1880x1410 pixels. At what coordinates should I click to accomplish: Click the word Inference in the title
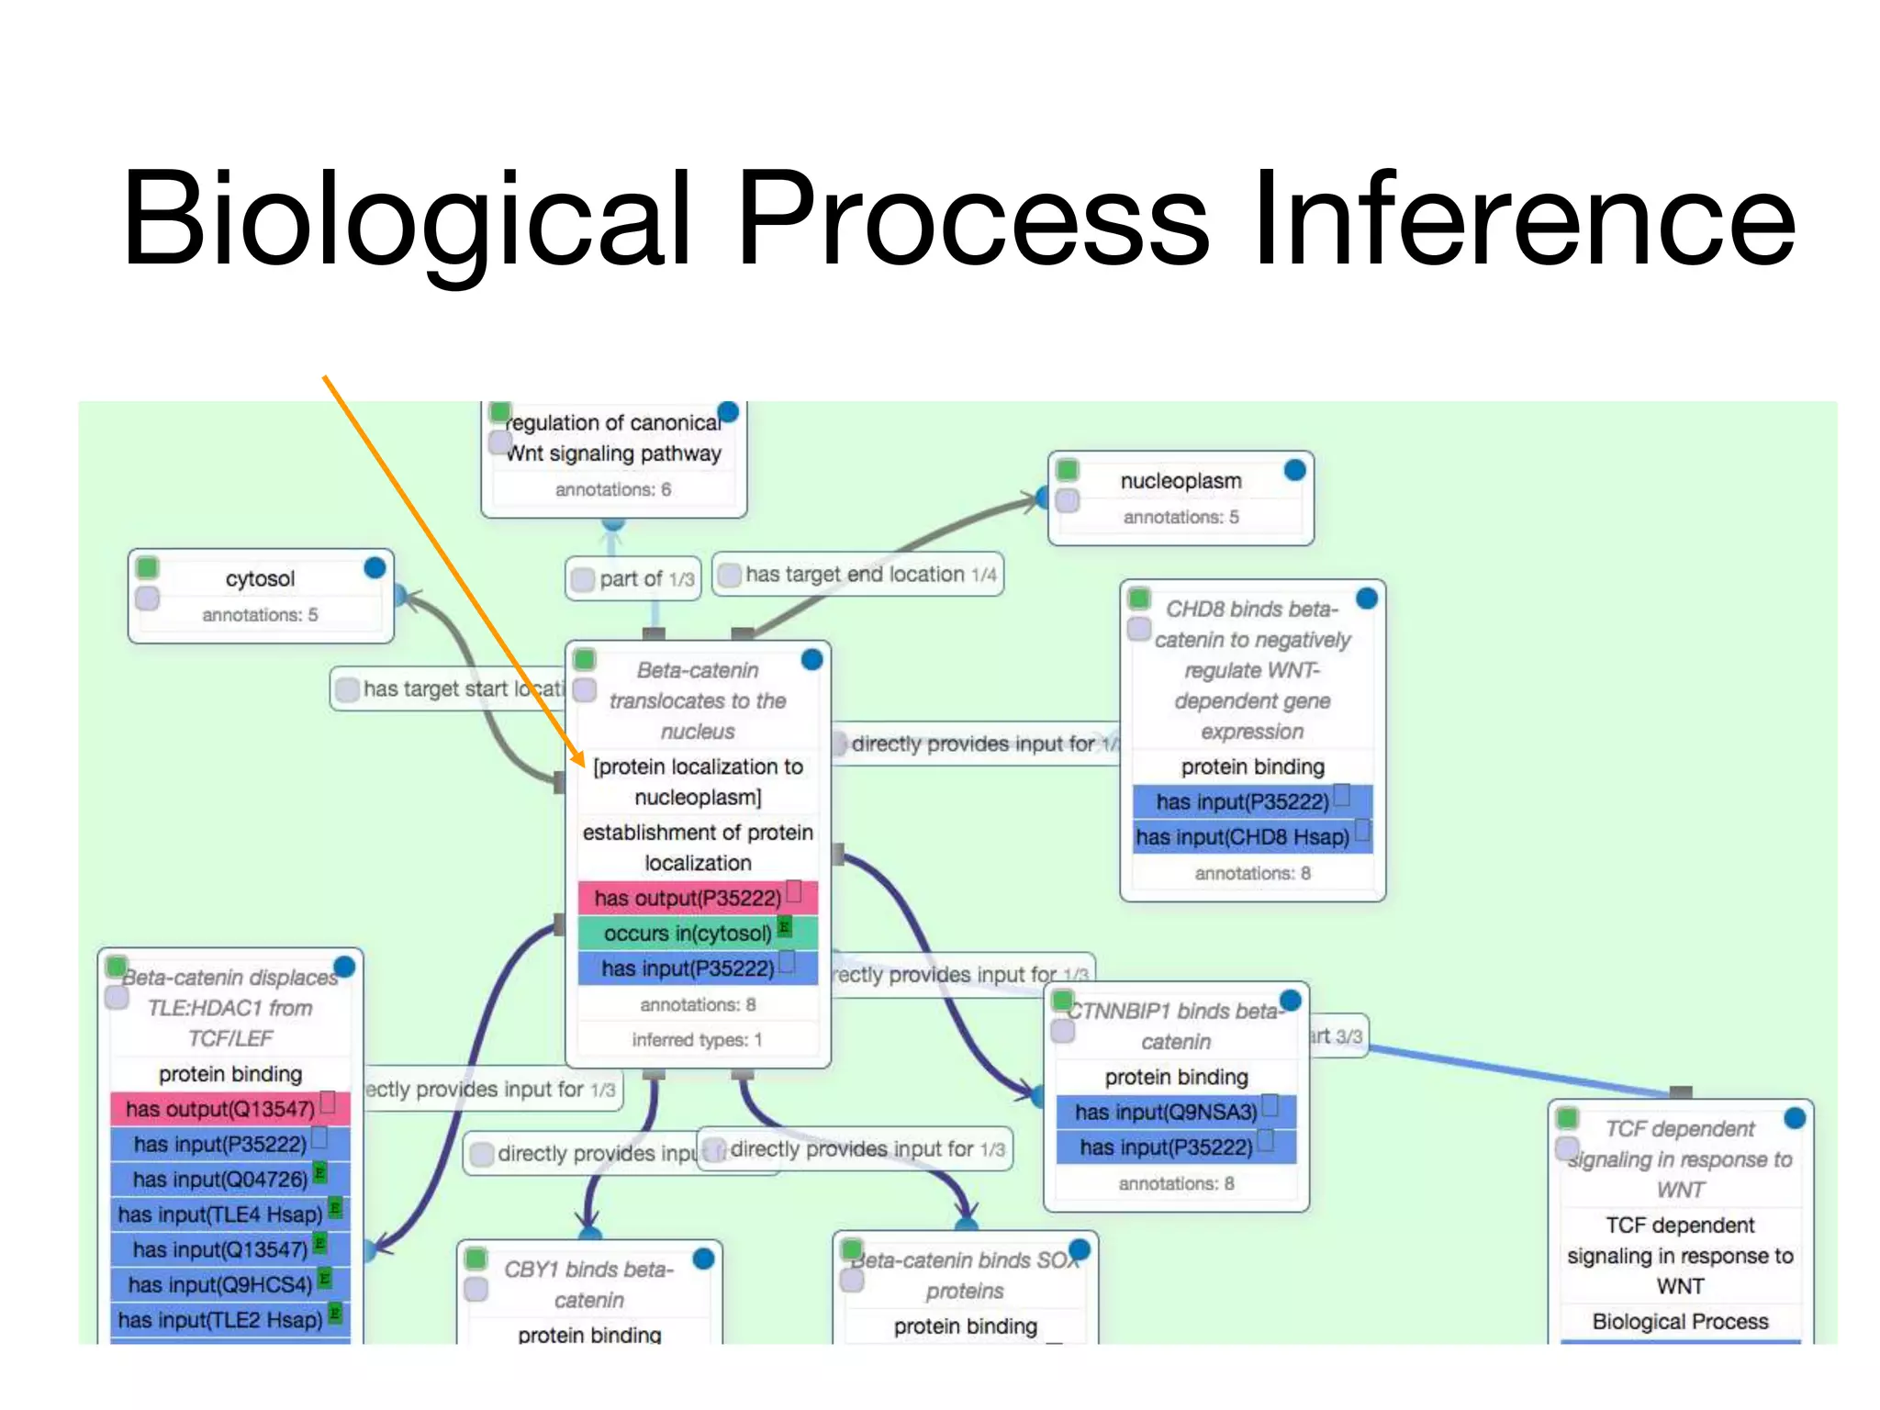pos(1524,220)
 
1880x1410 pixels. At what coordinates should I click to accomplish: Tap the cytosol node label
pos(260,579)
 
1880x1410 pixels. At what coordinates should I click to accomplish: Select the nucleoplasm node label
pos(1181,481)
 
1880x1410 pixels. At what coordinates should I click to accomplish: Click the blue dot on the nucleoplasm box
pos(1294,470)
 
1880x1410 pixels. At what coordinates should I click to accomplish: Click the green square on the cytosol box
pos(147,567)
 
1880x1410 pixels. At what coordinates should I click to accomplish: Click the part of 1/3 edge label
pos(633,579)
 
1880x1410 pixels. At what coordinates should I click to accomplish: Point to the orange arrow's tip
pos(583,765)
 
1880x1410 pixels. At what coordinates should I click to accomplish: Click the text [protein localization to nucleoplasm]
pos(698,781)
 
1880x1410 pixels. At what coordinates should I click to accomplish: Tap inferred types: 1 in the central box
pos(697,1040)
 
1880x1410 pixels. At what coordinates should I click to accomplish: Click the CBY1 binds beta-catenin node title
pos(588,1284)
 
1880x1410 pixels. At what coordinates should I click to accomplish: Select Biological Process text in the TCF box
pos(1679,1321)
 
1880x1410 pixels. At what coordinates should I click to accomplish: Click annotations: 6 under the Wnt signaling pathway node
pos(612,489)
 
